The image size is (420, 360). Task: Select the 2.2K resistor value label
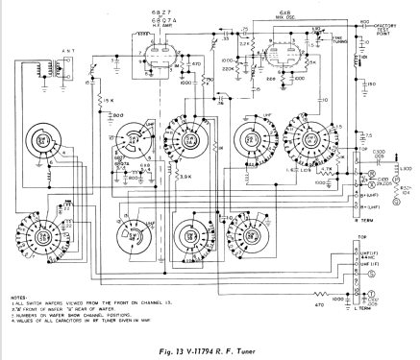(x=245, y=45)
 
